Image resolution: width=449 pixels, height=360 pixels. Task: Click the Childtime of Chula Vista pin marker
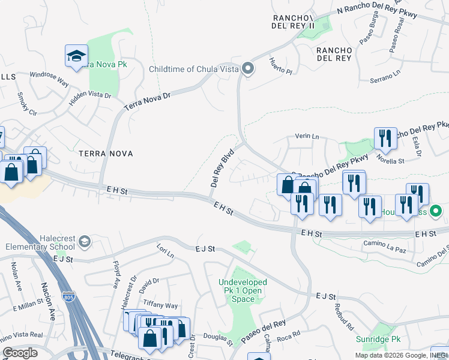247,69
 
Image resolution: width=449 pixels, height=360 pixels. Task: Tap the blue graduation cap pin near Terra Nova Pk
76,57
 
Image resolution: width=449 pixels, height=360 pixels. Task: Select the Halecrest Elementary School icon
85,241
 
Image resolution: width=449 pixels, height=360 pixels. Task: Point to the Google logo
20,353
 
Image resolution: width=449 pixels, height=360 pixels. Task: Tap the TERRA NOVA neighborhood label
106,154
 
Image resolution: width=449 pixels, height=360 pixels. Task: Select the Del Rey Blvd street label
221,167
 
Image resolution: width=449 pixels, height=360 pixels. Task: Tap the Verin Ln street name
307,136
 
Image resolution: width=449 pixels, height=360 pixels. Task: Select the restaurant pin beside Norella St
385,139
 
